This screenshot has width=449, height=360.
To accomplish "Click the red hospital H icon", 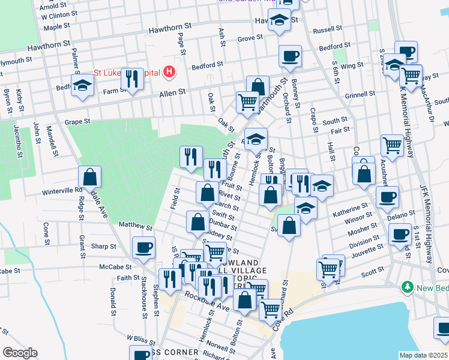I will pos(170,73).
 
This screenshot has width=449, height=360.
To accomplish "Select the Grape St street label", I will pos(77,121).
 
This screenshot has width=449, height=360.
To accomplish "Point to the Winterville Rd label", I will pos(62,190).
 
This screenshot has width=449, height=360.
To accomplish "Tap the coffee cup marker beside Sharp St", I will pos(144,247).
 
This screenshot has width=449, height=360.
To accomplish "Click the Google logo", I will pos(20,353).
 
